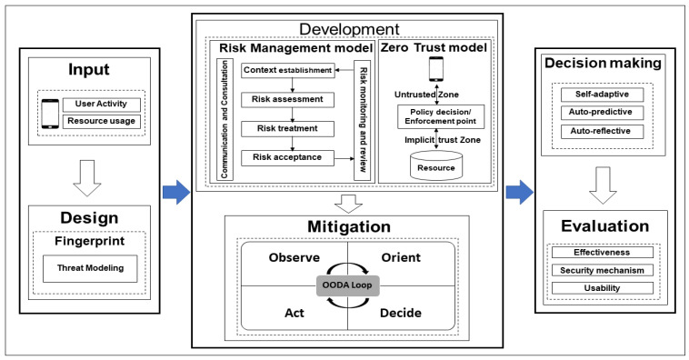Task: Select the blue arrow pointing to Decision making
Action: (519, 191)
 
